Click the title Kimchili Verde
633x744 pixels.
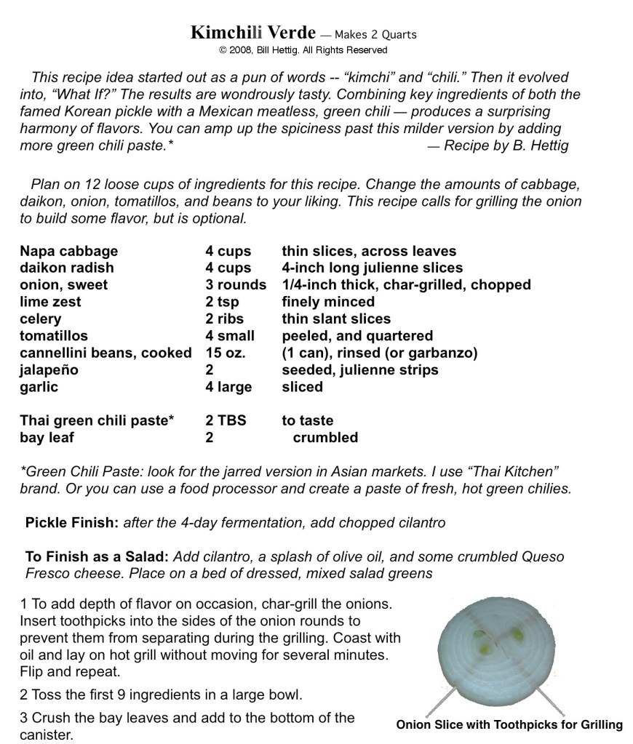(253, 33)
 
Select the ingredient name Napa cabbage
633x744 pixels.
(68, 251)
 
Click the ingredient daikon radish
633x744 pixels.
(67, 268)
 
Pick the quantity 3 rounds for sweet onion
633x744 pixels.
(236, 284)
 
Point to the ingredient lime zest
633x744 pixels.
(50, 302)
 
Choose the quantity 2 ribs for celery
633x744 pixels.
(225, 319)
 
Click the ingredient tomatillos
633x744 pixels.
(54, 336)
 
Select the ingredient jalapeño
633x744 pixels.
(49, 370)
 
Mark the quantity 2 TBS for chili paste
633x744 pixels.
(226, 420)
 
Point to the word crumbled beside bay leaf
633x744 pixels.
(325, 437)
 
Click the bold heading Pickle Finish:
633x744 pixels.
(72, 522)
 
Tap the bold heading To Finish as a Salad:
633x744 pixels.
(97, 556)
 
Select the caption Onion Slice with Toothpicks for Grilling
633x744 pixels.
(509, 724)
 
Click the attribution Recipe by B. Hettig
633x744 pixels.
(498, 145)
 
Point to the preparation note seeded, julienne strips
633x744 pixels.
(360, 370)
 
